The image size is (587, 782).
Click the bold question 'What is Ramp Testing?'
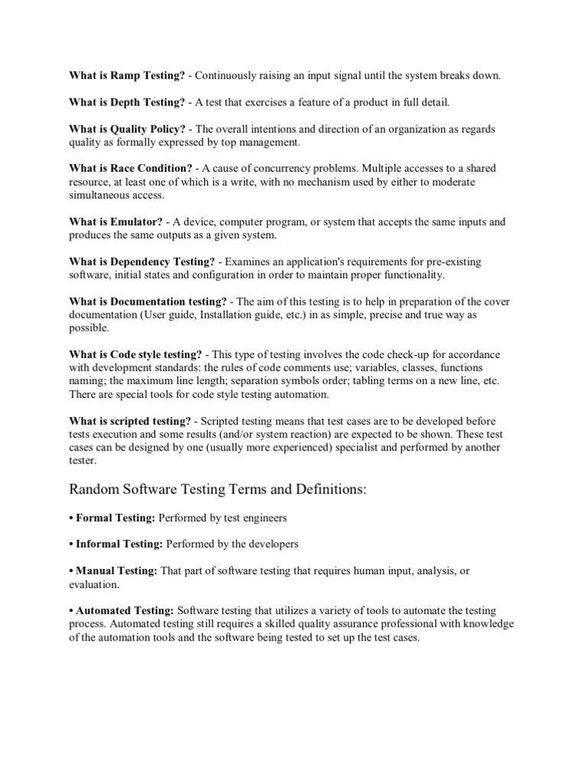click(127, 75)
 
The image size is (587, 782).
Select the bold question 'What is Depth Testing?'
click(127, 102)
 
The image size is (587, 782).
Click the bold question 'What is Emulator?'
click(115, 222)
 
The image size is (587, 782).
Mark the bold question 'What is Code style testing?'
click(135, 354)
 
